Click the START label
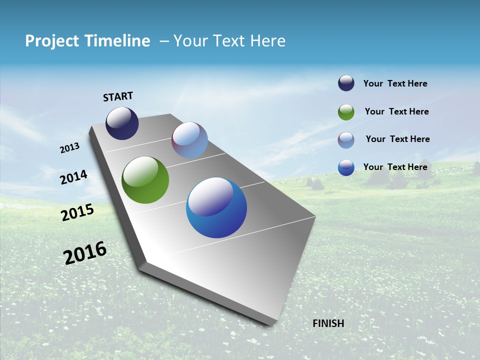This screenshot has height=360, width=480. tap(118, 96)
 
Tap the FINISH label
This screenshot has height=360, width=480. tap(328, 323)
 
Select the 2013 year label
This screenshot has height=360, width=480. tap(70, 148)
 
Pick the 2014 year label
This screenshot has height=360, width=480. tap(74, 177)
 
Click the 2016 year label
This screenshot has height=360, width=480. tap(85, 253)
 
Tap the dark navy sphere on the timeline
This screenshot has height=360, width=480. tap(122, 123)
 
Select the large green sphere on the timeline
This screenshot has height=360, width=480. tap(145, 180)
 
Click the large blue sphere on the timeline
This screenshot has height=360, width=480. tap(216, 208)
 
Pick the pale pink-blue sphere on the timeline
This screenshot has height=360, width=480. tap(189, 140)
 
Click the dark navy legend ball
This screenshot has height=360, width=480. tap(346, 83)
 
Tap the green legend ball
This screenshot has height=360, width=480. tap(346, 112)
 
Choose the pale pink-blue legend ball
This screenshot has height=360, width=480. tap(346, 140)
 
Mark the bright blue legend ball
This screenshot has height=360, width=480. tap(346, 167)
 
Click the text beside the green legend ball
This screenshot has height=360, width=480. tap(396, 111)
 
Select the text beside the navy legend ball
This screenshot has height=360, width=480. tap(395, 83)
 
